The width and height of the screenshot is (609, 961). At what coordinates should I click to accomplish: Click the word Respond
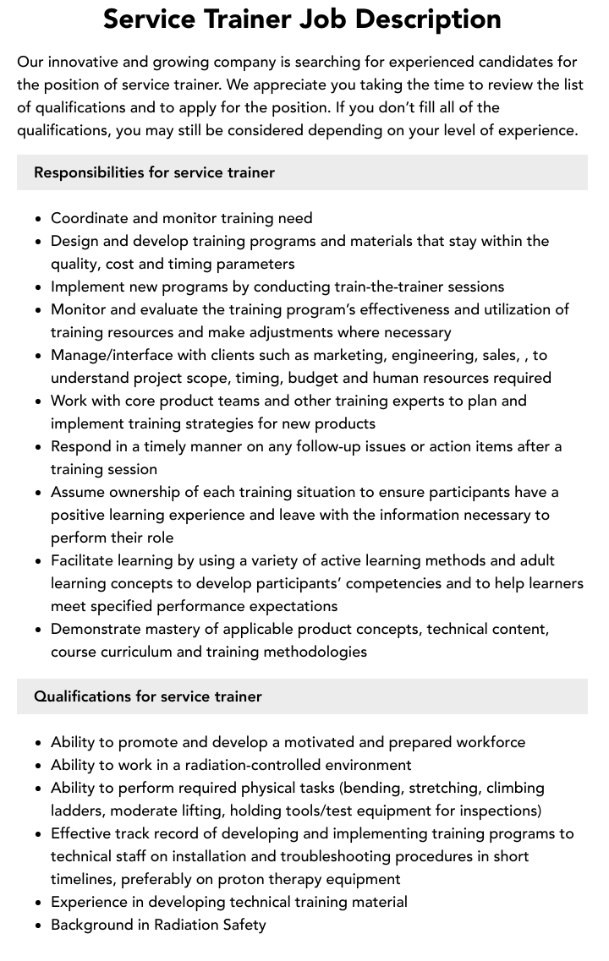[x=82, y=446]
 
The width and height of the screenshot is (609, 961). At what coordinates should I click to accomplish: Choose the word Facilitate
[x=83, y=560]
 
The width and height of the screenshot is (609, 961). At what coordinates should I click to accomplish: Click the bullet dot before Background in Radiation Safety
[x=39, y=926]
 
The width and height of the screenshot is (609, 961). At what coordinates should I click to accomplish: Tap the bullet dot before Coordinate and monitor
[x=39, y=219]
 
